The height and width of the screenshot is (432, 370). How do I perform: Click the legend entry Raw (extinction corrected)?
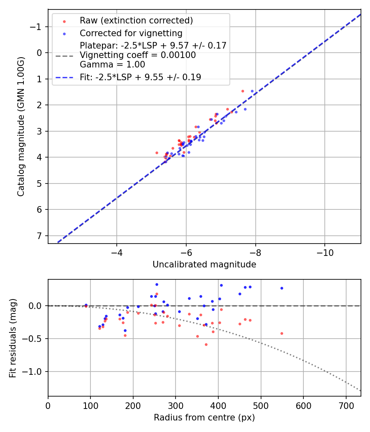click(x=136, y=21)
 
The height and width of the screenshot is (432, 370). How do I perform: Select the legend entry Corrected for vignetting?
click(x=131, y=33)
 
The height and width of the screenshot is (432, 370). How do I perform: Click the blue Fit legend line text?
click(x=140, y=77)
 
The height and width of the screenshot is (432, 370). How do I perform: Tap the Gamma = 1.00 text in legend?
click(x=112, y=65)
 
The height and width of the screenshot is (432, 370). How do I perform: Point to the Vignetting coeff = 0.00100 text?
click(x=138, y=55)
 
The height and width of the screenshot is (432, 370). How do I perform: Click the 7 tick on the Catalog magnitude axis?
click(x=40, y=236)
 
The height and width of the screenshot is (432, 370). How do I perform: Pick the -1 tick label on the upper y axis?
click(x=37, y=27)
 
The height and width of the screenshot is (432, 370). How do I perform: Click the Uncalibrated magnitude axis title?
click(x=204, y=265)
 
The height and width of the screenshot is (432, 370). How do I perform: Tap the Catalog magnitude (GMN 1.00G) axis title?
click(x=21, y=126)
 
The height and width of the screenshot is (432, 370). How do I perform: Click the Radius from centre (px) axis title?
click(x=204, y=418)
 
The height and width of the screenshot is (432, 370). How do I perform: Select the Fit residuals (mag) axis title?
click(x=13, y=338)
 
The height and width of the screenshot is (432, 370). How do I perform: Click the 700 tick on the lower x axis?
click(x=346, y=405)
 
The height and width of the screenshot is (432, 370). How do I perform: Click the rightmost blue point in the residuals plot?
click(x=282, y=288)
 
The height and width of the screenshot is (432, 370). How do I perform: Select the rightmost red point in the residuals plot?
click(x=282, y=333)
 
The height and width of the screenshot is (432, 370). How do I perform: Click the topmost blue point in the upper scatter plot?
click(x=252, y=91)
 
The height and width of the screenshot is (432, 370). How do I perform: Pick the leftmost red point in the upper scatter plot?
click(x=157, y=153)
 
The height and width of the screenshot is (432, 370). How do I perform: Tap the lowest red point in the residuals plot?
click(x=206, y=344)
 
